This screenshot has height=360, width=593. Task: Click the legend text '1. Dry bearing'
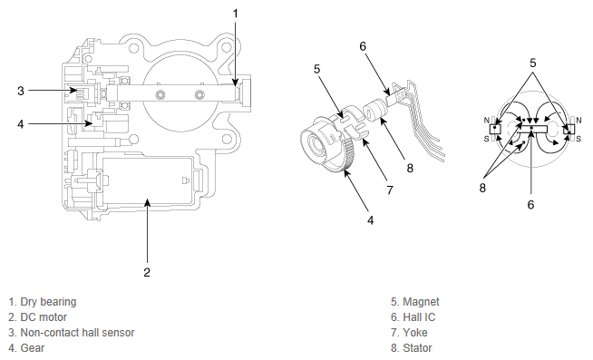(43, 302)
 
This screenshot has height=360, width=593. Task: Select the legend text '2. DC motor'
(37, 316)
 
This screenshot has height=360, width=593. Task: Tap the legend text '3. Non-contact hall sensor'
(72, 333)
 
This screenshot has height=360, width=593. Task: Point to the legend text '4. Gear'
(26, 348)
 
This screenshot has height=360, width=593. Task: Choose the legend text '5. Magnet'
(415, 302)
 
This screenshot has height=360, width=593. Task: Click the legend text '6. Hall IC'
(413, 316)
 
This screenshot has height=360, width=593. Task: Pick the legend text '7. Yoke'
(409, 333)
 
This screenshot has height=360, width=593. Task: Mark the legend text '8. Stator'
(411, 348)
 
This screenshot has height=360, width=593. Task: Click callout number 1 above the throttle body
(235, 14)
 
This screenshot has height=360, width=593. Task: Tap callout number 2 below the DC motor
(147, 272)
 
